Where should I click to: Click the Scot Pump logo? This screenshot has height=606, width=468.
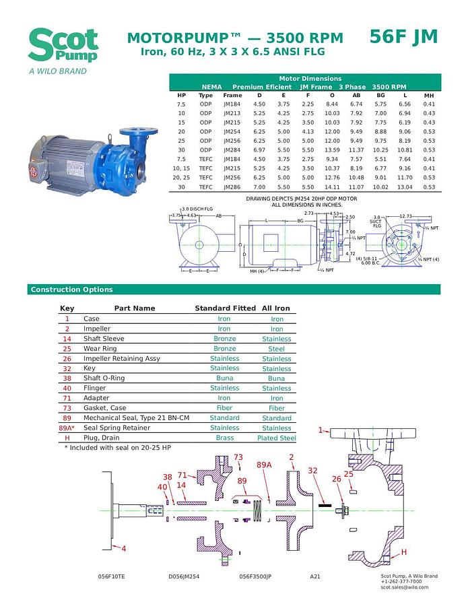(x=63, y=47)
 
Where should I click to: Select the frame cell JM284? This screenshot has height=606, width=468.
(x=232, y=150)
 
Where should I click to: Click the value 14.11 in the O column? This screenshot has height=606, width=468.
(x=332, y=187)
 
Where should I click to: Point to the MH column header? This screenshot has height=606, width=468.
(x=429, y=96)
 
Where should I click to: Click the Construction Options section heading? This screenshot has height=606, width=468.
(x=71, y=290)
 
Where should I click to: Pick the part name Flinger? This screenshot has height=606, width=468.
(x=95, y=388)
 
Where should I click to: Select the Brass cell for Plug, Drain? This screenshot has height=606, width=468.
(x=224, y=438)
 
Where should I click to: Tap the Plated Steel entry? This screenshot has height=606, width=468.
(x=276, y=438)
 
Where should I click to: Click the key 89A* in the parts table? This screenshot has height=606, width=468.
(x=67, y=428)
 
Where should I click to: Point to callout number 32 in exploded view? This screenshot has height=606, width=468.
(x=312, y=471)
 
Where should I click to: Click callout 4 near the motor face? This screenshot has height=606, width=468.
(x=123, y=548)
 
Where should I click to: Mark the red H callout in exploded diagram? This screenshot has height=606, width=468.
(x=404, y=552)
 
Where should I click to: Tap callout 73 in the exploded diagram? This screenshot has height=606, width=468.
(x=238, y=458)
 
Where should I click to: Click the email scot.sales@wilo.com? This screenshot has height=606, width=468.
(x=404, y=587)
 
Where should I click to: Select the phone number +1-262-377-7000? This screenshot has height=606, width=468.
(x=401, y=582)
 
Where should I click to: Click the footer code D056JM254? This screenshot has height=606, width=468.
(x=184, y=576)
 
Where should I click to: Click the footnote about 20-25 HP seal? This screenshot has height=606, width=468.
(x=118, y=447)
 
